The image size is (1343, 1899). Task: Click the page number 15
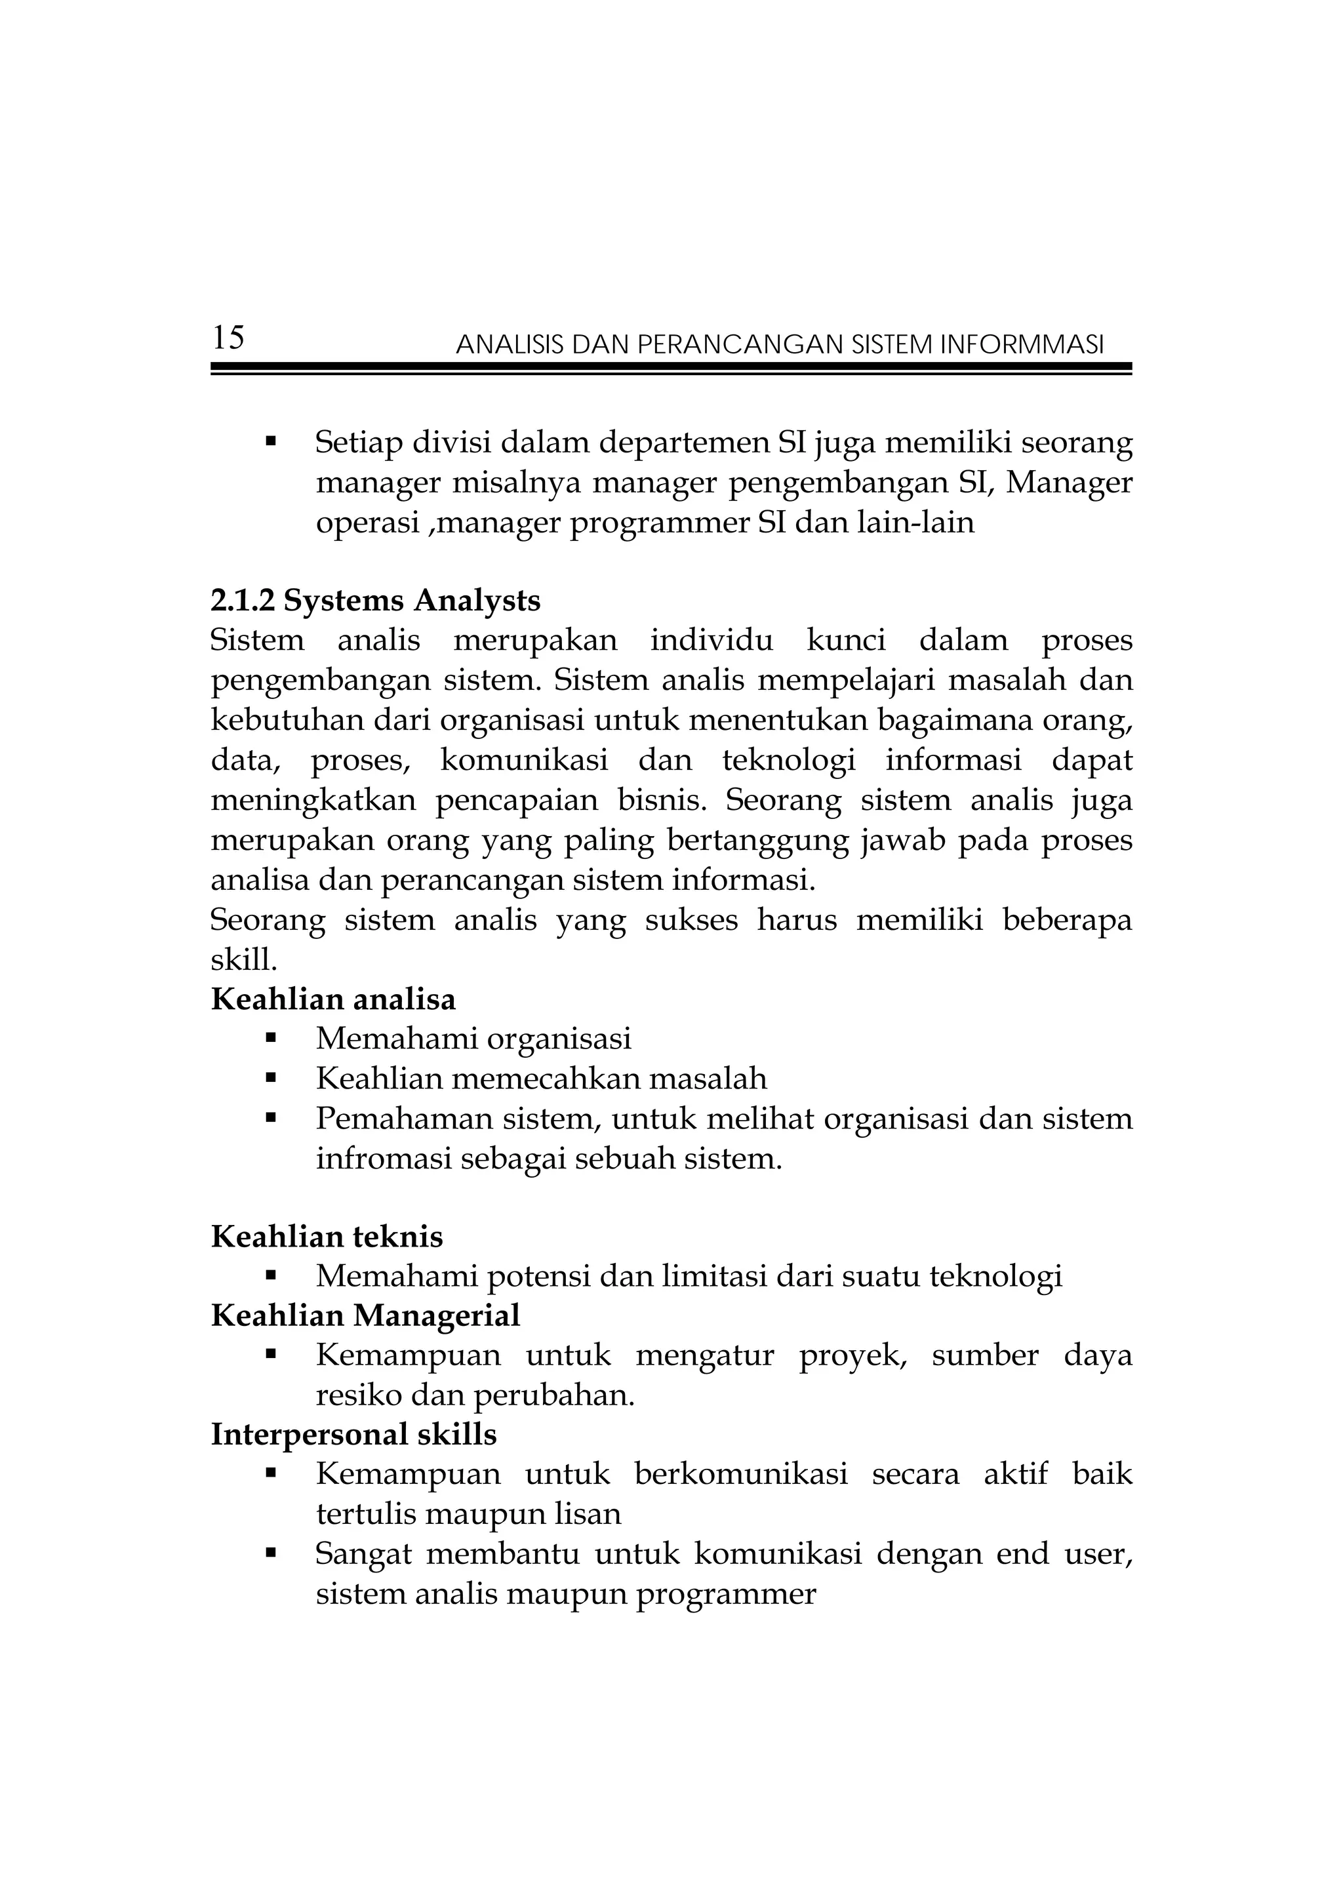click(x=228, y=338)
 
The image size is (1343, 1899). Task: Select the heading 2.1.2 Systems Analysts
click(x=376, y=601)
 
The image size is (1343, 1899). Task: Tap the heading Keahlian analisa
click(x=333, y=999)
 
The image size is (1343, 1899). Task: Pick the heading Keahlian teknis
click(x=327, y=1237)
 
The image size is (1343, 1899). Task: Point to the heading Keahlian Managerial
click(x=365, y=1315)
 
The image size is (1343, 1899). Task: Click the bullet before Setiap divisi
click(x=270, y=442)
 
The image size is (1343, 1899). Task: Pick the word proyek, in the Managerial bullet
click(x=852, y=1357)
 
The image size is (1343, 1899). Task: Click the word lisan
click(x=588, y=1514)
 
